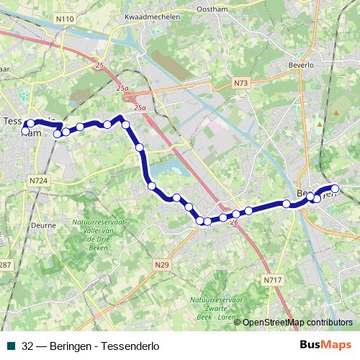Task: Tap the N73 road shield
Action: pyautogui.click(x=240, y=84)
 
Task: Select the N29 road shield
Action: pyautogui.click(x=162, y=265)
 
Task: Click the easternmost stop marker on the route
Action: pyautogui.click(x=335, y=189)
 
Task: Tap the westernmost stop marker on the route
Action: pyautogui.click(x=25, y=131)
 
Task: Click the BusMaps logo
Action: pyautogui.click(x=326, y=346)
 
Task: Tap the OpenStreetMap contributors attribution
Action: pyautogui.click(x=297, y=323)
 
